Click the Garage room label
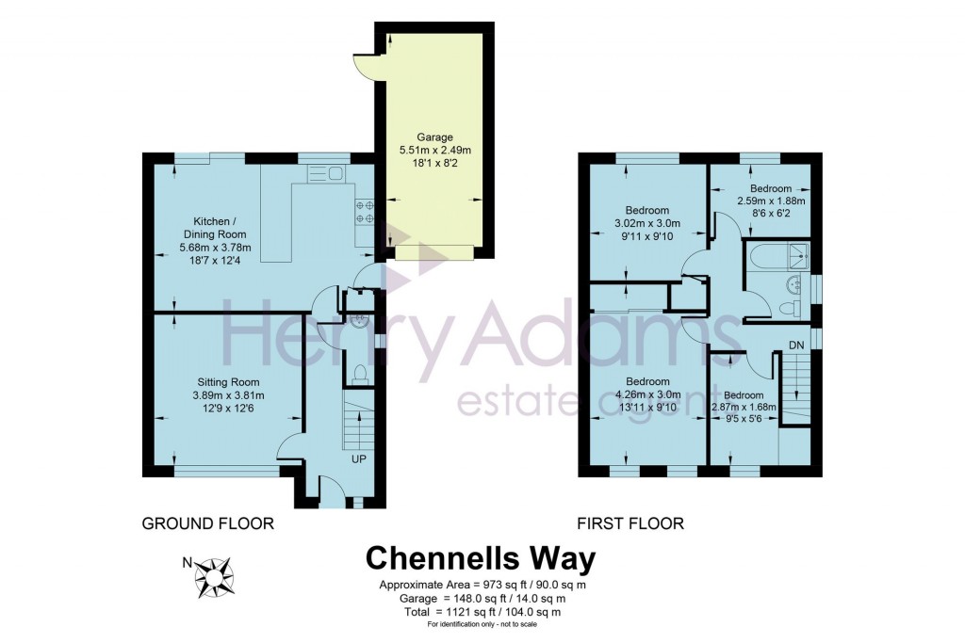click(x=434, y=136)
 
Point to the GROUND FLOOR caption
click(x=207, y=523)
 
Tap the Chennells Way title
click(x=481, y=558)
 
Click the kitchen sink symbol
click(x=326, y=174)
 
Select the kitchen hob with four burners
click(x=364, y=212)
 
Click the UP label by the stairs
click(x=358, y=460)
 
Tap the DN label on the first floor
click(x=796, y=346)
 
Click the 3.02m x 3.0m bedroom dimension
click(x=646, y=223)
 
